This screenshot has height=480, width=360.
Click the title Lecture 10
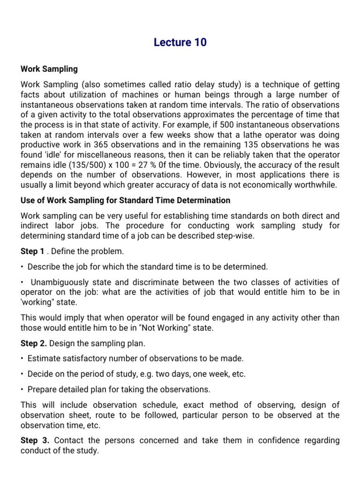tap(180, 43)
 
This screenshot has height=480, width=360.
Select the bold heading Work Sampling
tap(49, 69)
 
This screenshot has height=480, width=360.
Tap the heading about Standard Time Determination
tap(126, 200)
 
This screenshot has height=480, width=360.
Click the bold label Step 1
tap(32, 252)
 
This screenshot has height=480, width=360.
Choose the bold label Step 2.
tap(34, 344)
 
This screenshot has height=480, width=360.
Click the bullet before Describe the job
tap(22, 267)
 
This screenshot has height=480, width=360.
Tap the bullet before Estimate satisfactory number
tap(22, 359)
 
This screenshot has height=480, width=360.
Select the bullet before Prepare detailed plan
tap(22, 390)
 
